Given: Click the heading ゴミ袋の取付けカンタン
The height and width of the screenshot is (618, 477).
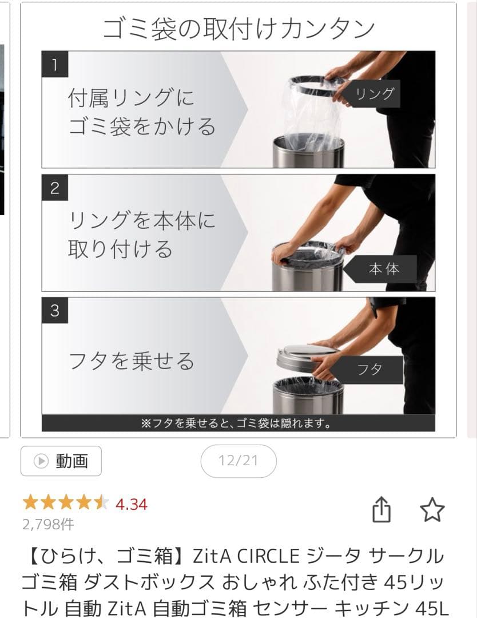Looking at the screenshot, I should point(238,28).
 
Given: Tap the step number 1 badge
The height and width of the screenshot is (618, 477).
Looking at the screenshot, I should point(55,65).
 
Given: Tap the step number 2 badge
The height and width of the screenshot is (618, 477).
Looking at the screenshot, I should point(55,188).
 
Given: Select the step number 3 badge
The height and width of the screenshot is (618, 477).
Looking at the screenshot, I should point(55,311).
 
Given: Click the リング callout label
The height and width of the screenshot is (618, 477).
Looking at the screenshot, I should point(375,94).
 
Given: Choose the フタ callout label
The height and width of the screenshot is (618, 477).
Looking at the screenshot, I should point(369,369).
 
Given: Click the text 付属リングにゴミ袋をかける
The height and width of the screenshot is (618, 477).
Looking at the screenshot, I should point(142,112).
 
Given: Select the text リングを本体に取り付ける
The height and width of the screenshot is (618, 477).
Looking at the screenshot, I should point(142,235).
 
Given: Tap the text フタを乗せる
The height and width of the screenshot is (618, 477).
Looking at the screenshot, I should point(132,361).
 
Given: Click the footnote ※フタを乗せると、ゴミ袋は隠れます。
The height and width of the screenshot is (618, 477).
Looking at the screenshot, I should point(237,424).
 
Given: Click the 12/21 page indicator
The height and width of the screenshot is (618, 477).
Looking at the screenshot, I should point(238,461).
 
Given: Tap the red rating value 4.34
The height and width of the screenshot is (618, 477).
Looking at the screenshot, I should point(131,504).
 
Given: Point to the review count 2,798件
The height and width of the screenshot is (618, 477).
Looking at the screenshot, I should point(48,524).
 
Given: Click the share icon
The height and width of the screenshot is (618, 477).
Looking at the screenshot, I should point(381,509).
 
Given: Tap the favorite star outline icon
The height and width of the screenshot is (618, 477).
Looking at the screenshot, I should point(432,509).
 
